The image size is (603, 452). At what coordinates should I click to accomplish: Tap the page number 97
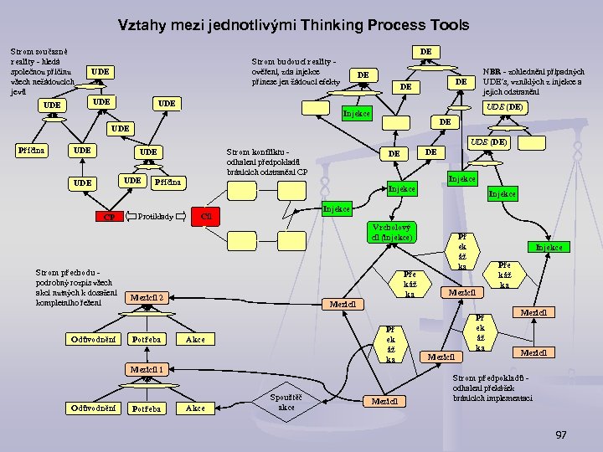click(x=561, y=435)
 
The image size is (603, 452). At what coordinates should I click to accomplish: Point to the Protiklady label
click(x=155, y=217)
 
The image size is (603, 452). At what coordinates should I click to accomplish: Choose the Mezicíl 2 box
click(x=148, y=296)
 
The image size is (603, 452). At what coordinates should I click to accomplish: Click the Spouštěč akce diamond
click(x=286, y=402)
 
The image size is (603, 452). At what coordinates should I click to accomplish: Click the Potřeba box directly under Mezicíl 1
click(x=147, y=408)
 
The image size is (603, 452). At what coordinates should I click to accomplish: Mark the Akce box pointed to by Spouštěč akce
click(x=194, y=408)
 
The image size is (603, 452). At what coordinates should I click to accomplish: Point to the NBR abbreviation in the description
click(x=492, y=72)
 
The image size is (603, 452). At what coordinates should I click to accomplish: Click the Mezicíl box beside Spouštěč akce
click(x=387, y=401)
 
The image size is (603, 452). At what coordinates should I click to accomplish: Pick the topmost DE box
click(x=425, y=52)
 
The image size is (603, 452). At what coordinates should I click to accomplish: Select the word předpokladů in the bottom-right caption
click(x=521, y=378)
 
